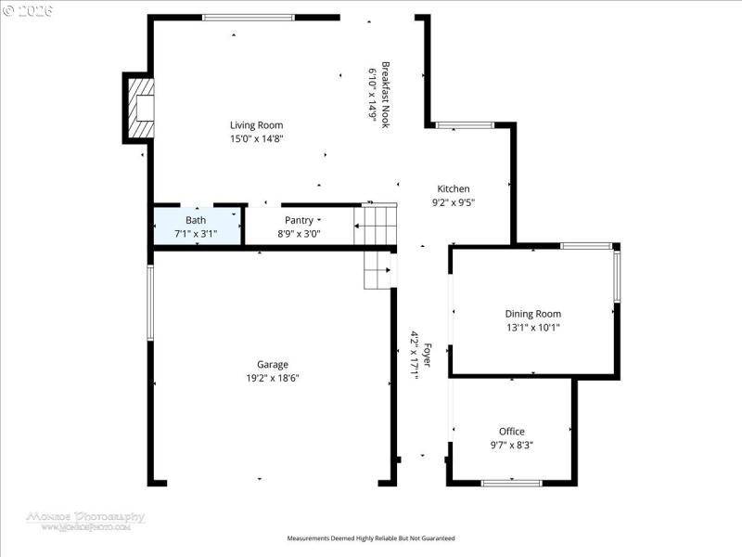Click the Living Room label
[256, 125]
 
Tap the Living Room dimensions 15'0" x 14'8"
[256, 138]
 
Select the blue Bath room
[197, 226]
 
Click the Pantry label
[299, 220]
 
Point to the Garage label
[273, 365]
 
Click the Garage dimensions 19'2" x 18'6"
[273, 378]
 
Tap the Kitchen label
[454, 188]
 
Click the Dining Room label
[532, 314]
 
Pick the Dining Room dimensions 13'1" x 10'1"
[532, 327]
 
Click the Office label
[512, 432]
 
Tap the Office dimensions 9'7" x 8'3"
[512, 445]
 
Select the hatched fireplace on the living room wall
[140, 108]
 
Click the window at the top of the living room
[249, 17]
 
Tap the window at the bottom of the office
[511, 483]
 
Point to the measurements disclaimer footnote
[371, 538]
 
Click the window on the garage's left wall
[150, 302]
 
